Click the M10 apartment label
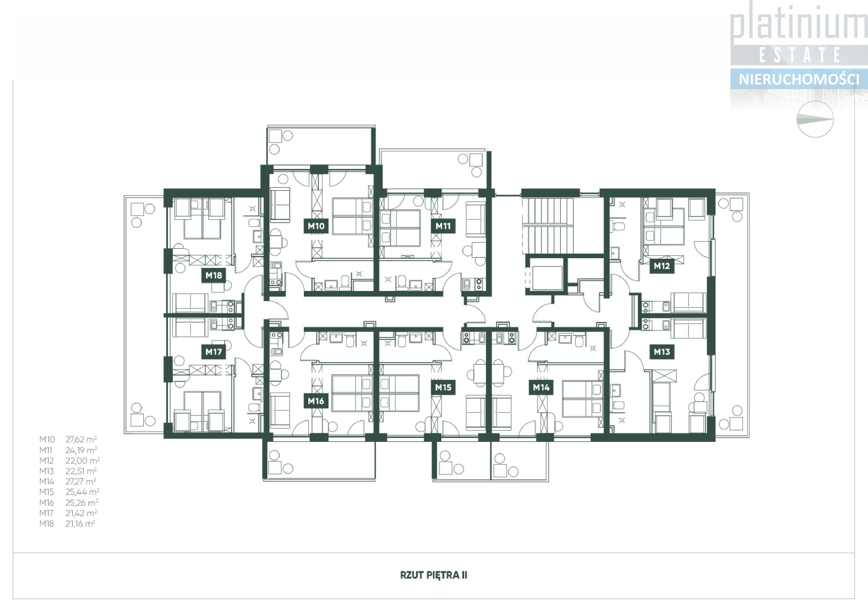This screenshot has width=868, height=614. tap(316, 226)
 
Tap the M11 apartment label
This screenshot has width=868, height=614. tap(443, 226)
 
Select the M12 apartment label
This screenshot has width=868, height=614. tap(662, 266)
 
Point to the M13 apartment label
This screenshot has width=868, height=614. tap(662, 352)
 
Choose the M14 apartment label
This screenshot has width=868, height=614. tap(541, 387)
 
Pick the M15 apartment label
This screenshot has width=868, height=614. tap(443, 387)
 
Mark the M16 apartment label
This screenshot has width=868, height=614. tap(316, 401)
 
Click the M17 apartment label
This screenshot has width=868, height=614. tap(214, 352)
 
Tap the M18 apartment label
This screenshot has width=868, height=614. tap(214, 275)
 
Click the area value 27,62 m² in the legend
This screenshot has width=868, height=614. tap(81, 439)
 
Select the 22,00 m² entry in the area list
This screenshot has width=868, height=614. tap(83, 460)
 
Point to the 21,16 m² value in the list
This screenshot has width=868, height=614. tap(80, 523)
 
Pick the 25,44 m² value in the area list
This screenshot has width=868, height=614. tap(83, 492)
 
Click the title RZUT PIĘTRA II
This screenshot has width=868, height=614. tap(434, 575)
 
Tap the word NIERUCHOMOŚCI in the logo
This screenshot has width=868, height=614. tap(799, 79)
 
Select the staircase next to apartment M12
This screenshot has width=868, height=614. tap(548, 226)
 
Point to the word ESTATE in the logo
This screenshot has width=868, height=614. tap(800, 55)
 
